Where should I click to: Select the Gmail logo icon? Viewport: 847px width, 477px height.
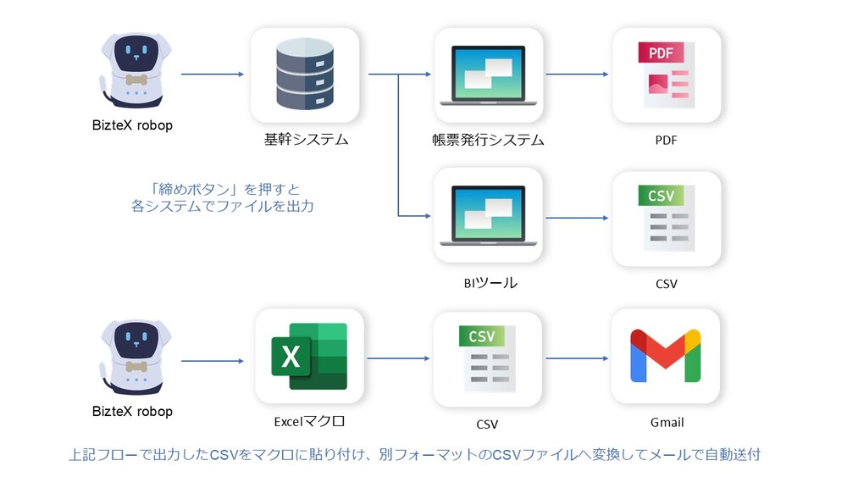tap(666, 355)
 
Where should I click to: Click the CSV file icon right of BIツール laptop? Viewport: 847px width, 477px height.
tap(666, 218)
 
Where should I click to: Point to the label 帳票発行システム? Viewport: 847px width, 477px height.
tap(488, 140)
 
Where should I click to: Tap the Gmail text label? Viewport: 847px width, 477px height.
tap(666, 421)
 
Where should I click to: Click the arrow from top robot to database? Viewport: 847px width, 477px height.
tap(213, 75)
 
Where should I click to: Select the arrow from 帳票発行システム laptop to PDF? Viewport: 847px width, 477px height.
tap(577, 75)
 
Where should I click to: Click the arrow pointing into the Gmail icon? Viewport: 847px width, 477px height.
tap(577, 358)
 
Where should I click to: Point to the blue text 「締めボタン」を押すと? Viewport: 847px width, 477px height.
tap(222, 188)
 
